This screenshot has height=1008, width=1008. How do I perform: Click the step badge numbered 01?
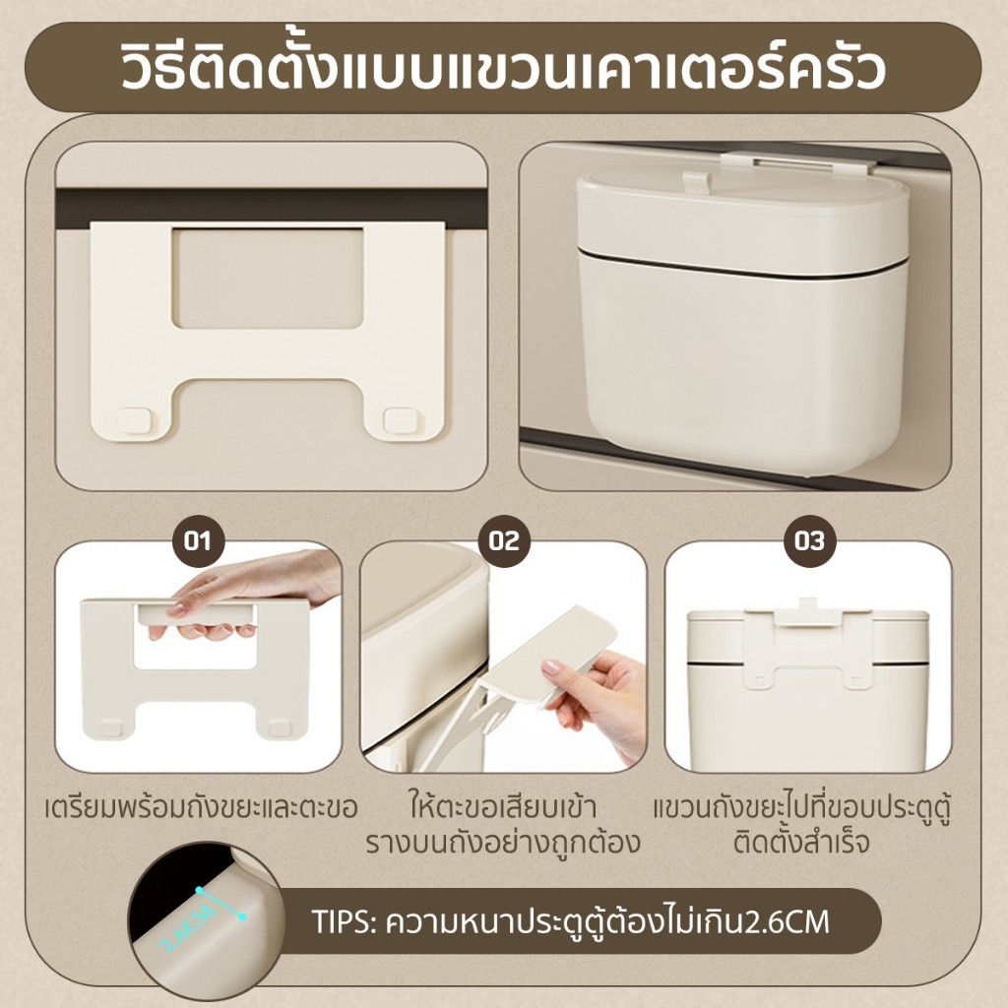tap(198, 541)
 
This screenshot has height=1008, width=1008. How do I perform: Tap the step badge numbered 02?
tap(504, 541)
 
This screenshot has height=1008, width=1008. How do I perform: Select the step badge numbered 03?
tap(809, 541)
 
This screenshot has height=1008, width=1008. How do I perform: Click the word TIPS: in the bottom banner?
tap(344, 921)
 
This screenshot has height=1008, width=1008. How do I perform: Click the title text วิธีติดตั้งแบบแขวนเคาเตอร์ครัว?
tap(503, 67)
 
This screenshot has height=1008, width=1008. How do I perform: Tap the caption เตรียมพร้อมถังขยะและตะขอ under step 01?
tap(201, 808)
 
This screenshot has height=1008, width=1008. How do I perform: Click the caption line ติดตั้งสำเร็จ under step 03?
tap(801, 843)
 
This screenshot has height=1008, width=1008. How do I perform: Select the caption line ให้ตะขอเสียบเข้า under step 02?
tap(503, 808)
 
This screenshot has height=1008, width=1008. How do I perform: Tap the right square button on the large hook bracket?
tap(400, 421)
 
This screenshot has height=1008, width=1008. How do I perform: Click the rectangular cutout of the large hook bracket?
tap(269, 279)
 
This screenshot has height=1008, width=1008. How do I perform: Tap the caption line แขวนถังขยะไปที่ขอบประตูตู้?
tap(801, 808)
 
